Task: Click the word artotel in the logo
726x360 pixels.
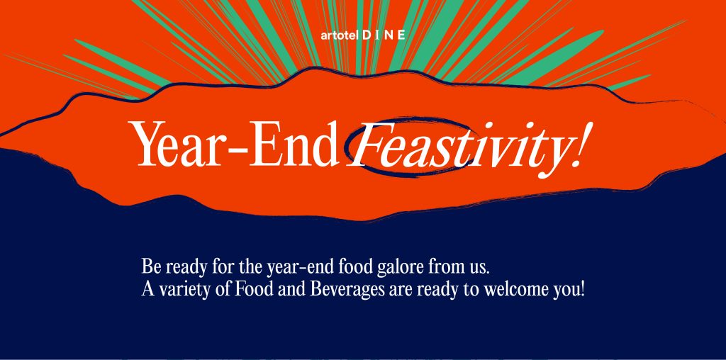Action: pos(340,35)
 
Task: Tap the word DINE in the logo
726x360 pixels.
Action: pos(384,35)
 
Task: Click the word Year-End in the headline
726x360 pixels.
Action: pos(236,143)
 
